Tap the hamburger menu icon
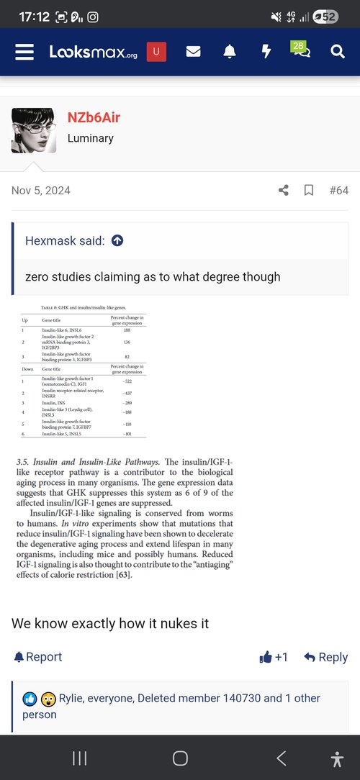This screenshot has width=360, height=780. pyautogui.click(x=24, y=52)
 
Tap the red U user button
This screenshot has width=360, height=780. pyautogui.click(x=156, y=52)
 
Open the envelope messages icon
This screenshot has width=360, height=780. pyautogui.click(x=193, y=52)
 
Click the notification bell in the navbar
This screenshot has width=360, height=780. pyautogui.click(x=230, y=52)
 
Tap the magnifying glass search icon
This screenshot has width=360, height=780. pyautogui.click(x=338, y=52)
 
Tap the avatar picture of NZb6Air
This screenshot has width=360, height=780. pyautogui.click(x=34, y=130)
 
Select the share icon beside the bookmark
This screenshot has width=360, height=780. pyautogui.click(x=284, y=191)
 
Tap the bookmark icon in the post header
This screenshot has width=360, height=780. pyautogui.click(x=308, y=191)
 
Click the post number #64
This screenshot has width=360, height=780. pyautogui.click(x=338, y=191)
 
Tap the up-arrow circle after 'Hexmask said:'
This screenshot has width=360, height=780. pyautogui.click(x=117, y=241)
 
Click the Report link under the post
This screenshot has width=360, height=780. pyautogui.click(x=38, y=657)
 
